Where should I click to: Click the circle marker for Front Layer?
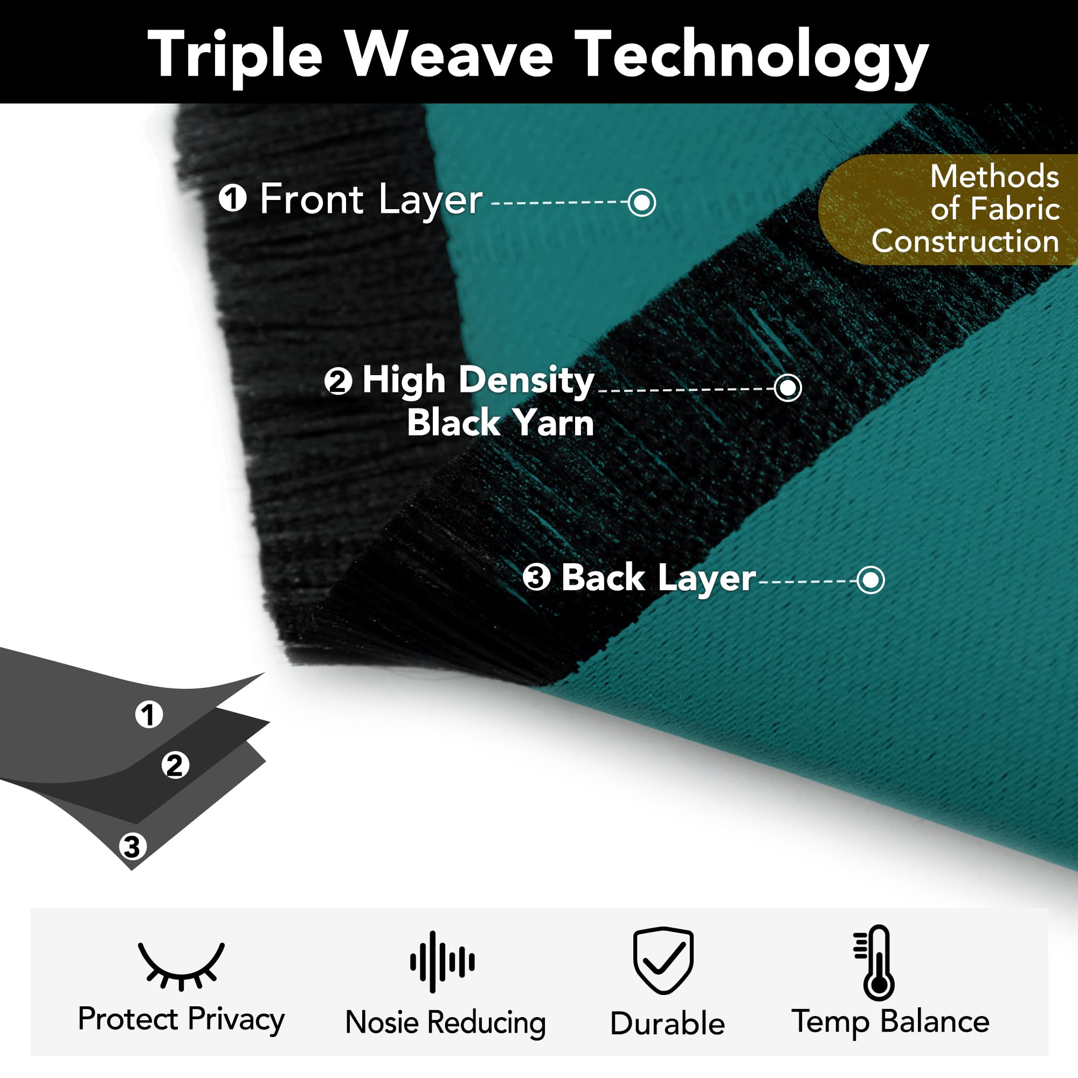tap(641, 202)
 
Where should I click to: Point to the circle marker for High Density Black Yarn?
tap(788, 387)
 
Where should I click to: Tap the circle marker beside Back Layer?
tap(871, 581)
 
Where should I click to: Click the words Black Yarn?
tap(500, 423)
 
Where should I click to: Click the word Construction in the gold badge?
tap(965, 241)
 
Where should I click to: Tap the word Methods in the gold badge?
tap(994, 176)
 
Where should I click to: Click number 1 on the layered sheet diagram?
tap(149, 714)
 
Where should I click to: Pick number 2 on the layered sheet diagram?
tap(175, 765)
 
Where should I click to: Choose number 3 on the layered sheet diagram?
tap(132, 847)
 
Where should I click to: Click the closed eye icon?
tap(181, 966)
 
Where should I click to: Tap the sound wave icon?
tap(443, 962)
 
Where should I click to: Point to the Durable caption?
tap(667, 1024)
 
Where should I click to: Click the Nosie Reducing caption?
tap(445, 1023)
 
